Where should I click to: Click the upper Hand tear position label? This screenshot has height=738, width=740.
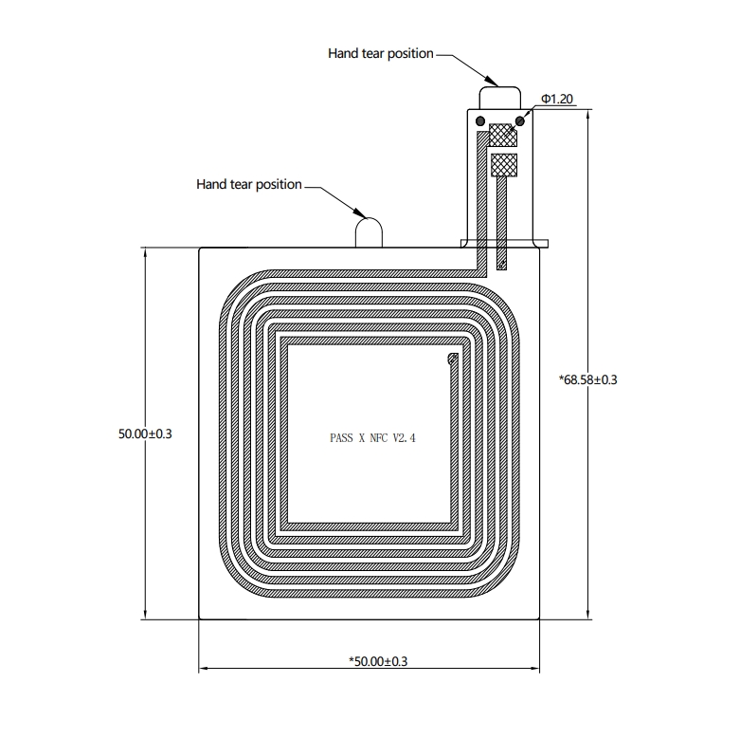tap(380, 53)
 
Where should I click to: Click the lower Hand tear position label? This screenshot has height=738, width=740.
tap(248, 184)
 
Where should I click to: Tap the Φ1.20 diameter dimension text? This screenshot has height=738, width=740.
tap(557, 99)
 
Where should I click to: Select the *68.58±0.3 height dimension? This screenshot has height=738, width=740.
tap(587, 379)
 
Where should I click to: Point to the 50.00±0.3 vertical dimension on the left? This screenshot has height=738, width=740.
tap(145, 434)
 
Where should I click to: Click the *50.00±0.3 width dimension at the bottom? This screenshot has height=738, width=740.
tap(378, 661)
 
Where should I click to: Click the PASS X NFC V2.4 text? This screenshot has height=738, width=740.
tap(372, 438)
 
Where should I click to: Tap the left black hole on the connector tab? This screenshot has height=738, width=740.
tap(480, 121)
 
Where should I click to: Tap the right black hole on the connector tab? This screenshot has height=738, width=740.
tap(519, 121)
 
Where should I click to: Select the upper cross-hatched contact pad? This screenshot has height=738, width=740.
tap(503, 135)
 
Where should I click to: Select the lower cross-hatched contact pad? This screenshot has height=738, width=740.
tap(504, 165)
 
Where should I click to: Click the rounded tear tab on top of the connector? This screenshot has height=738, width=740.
tap(500, 98)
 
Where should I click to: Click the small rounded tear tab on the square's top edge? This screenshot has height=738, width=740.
tap(369, 232)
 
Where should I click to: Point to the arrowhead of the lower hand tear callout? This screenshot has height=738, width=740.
tap(367, 217)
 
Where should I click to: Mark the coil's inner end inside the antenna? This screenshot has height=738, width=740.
tap(453, 360)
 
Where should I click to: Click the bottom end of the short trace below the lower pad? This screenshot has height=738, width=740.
tap(501, 268)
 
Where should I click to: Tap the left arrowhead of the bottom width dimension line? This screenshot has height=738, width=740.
tap(200, 669)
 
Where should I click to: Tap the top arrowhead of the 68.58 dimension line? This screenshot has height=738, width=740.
tap(587, 111)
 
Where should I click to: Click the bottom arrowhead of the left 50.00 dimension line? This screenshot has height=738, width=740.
tap(145, 618)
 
